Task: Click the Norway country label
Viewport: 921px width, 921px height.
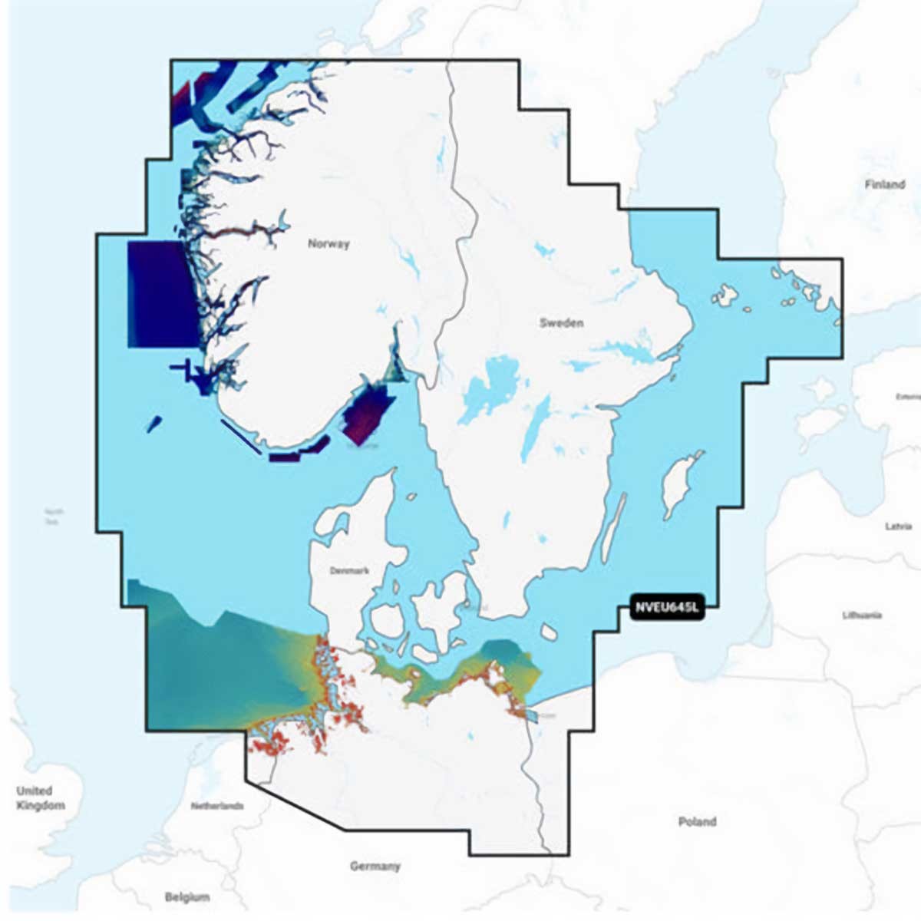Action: [x=328, y=244]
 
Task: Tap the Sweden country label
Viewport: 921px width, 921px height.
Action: [x=561, y=323]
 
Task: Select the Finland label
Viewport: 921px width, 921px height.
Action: [x=884, y=184]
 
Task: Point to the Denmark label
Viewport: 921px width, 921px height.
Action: [x=349, y=571]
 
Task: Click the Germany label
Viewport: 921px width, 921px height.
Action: [x=375, y=867]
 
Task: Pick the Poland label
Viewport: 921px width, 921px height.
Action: [x=697, y=822]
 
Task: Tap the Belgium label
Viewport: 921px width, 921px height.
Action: [x=187, y=897]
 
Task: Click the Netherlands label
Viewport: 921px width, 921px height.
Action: [x=217, y=806]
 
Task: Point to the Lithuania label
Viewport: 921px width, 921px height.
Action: [x=862, y=615]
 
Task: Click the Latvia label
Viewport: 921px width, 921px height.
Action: [x=898, y=527]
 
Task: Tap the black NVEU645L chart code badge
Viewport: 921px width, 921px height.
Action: [x=666, y=609]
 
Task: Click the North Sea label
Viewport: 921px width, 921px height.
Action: [x=54, y=516]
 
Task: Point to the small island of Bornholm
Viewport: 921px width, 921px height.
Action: [x=550, y=632]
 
